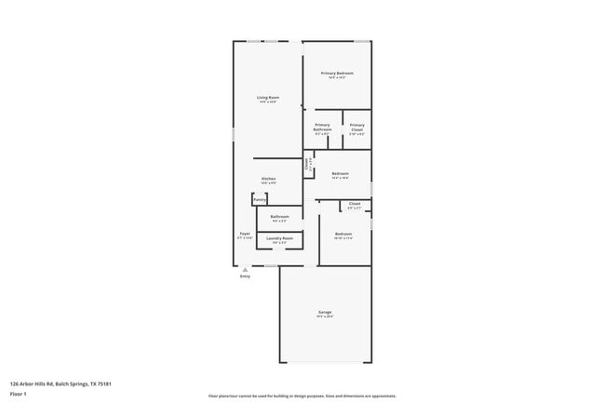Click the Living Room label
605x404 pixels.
(x=268, y=98)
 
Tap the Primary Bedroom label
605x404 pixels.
(x=337, y=73)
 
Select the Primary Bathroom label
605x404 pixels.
(x=322, y=127)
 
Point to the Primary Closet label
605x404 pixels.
(x=356, y=127)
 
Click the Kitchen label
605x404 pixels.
(x=268, y=178)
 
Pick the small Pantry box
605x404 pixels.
(x=260, y=199)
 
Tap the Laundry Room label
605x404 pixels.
(x=280, y=238)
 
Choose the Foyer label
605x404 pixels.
(x=245, y=233)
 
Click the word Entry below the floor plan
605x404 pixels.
(x=245, y=276)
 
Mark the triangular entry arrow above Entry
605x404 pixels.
(x=245, y=269)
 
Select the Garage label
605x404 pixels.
(x=325, y=312)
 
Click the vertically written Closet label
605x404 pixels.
(x=307, y=165)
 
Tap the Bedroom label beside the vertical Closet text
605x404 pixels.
(x=340, y=173)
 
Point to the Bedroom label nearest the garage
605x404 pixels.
(x=343, y=233)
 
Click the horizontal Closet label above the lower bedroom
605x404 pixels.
(x=354, y=203)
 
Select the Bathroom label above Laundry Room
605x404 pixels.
(x=279, y=216)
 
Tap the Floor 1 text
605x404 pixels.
(x=19, y=394)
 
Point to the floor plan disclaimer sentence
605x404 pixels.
(x=302, y=396)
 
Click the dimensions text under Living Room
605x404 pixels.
(x=268, y=102)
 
